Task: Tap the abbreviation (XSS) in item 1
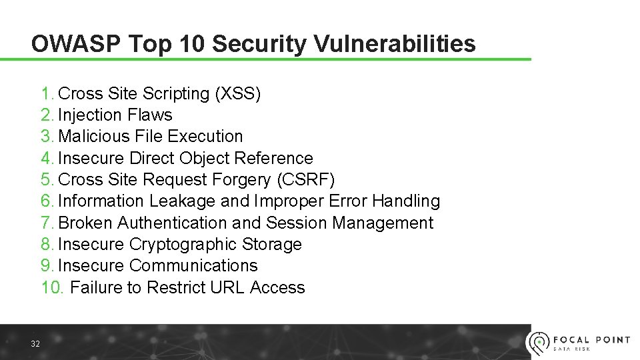tap(237, 93)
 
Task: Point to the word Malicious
tap(93, 137)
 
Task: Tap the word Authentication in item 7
tap(172, 223)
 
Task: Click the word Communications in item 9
tap(193, 265)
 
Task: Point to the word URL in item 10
tap(227, 287)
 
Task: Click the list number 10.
tap(52, 287)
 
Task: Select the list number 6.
tap(46, 201)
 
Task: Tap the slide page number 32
tap(35, 343)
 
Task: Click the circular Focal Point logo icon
tap(538, 343)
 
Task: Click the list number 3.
tap(46, 137)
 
